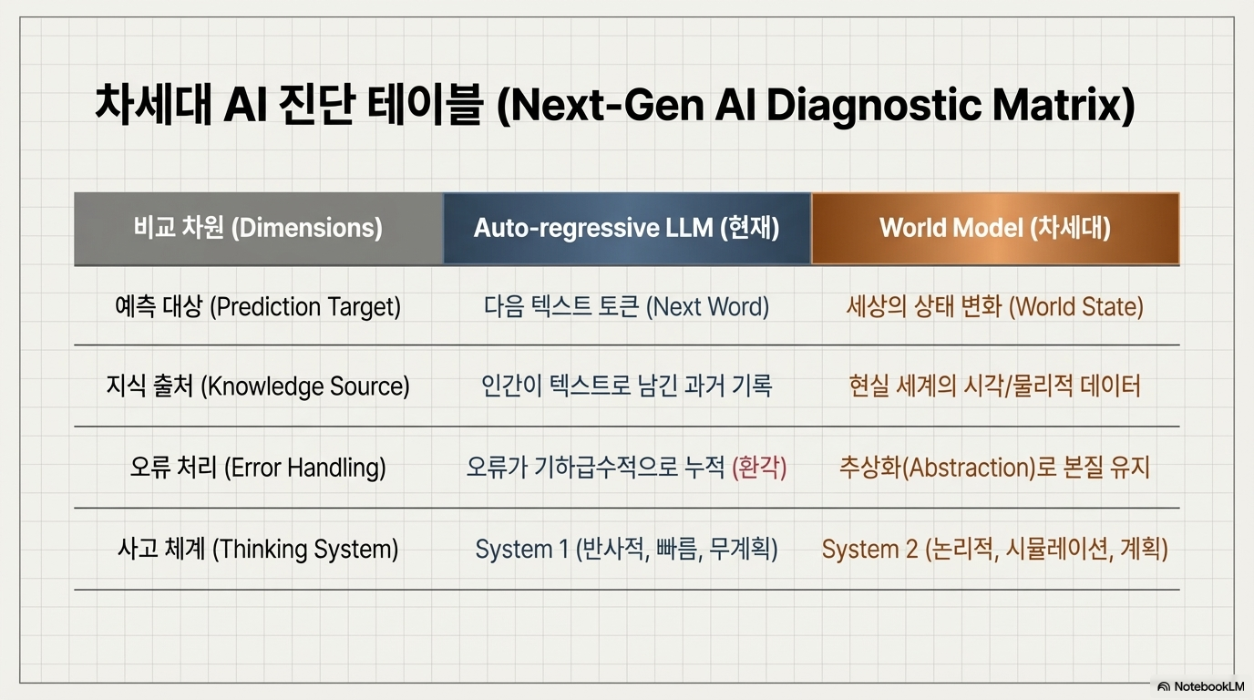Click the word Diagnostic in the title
tap(873, 106)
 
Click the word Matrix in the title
tap(1064, 106)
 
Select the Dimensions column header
tap(258, 228)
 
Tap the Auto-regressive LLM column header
tap(627, 228)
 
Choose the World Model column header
tap(995, 228)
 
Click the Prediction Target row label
tap(258, 307)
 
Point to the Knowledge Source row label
tap(258, 386)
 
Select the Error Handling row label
tap(258, 467)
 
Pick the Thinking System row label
tap(258, 549)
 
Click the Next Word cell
tap(627, 307)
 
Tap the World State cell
tap(995, 307)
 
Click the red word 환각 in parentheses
tap(760, 467)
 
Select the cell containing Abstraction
tap(995, 467)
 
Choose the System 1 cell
tap(627, 549)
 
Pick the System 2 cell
tap(995, 549)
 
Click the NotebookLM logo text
tap(1208, 686)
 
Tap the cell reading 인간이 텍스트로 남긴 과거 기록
tap(627, 386)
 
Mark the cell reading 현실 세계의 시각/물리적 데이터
tap(995, 386)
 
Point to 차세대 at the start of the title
tap(153, 105)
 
